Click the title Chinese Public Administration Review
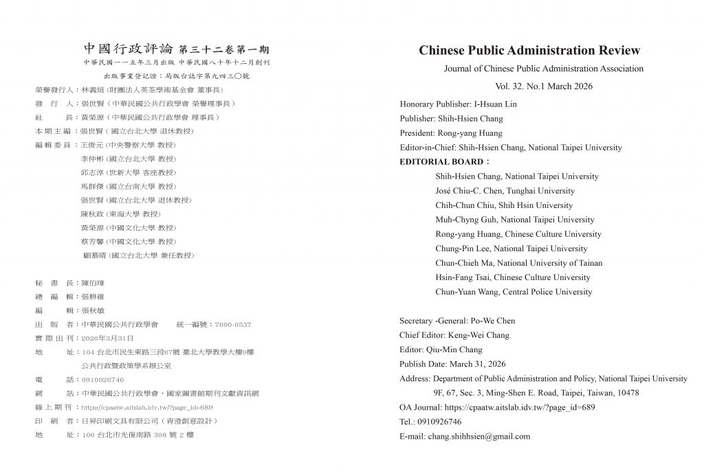529,51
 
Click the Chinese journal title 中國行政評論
127,49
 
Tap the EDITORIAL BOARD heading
442,162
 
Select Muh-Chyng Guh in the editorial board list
465,220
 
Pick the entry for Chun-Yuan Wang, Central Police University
514,292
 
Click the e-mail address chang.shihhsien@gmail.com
478,436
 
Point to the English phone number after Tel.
439,422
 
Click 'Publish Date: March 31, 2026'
452,364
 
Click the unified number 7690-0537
233,324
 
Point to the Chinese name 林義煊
91,90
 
